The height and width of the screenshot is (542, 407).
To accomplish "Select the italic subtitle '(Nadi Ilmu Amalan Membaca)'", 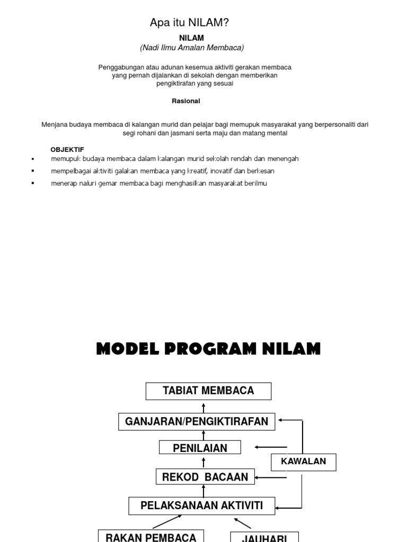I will point(192,48).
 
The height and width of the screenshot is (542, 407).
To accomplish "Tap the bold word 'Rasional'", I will point(186,101).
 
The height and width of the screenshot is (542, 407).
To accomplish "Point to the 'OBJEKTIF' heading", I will point(67,150).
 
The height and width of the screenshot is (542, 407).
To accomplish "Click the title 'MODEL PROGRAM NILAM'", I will point(208,349).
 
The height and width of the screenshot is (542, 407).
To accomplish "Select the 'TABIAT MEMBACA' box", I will point(208,391).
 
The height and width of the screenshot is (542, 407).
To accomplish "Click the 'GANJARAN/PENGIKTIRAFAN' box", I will point(197,422).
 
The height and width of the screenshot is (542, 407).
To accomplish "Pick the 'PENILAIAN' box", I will point(200,448).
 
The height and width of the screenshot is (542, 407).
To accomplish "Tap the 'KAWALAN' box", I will point(303,462).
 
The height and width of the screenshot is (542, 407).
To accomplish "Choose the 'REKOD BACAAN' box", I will point(205,477).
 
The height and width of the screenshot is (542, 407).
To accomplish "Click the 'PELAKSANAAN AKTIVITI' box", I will point(202,505).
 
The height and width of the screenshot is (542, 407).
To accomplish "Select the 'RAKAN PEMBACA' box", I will point(151,537).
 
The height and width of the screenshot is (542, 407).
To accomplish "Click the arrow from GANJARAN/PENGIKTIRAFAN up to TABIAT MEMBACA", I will point(204,407).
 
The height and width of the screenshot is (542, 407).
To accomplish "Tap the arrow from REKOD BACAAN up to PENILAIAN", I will point(204,462).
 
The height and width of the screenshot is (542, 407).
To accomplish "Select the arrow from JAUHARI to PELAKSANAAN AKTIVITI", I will point(243,523).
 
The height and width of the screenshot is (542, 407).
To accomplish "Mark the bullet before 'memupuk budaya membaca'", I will point(33,159).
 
